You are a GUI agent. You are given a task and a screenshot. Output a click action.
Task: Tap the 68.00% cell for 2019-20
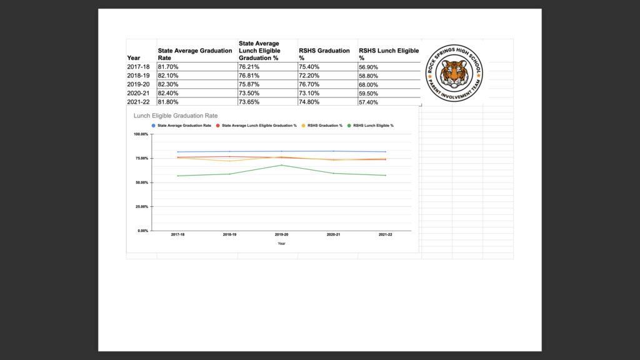[x=368, y=84]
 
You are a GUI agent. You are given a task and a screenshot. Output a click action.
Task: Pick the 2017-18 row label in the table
[x=138, y=67]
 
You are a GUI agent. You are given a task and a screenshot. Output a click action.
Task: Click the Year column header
[x=134, y=57]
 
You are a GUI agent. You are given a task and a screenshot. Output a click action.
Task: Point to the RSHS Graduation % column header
[x=324, y=54]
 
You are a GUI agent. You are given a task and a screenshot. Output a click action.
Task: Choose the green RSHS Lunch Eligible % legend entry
[x=373, y=126]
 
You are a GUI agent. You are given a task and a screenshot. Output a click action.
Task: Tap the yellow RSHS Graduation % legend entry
[x=325, y=126]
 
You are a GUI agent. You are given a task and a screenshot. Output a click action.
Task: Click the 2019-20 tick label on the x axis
[x=282, y=235]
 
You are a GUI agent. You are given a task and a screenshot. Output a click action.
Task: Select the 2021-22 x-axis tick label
[x=386, y=235]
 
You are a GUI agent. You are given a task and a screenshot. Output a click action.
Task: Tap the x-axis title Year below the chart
[x=282, y=243]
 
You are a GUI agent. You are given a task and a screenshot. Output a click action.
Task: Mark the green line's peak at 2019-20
[x=282, y=165]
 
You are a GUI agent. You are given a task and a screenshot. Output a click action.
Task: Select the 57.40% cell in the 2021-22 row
[x=368, y=102]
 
